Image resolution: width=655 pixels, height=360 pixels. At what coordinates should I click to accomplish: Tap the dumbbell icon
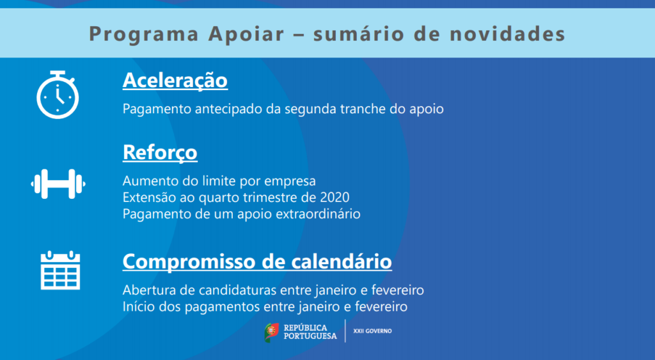[x=58, y=184]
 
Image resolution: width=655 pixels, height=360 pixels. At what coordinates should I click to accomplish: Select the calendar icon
[x=60, y=270]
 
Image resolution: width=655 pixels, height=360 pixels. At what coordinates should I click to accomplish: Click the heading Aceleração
[x=175, y=81]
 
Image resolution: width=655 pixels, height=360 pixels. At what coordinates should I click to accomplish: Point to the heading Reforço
[x=160, y=153]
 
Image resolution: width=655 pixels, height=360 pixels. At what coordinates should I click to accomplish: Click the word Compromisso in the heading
[x=189, y=262]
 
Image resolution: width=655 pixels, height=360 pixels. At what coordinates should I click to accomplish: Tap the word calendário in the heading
[x=342, y=262]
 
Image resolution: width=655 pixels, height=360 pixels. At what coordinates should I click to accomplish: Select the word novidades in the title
[x=507, y=33]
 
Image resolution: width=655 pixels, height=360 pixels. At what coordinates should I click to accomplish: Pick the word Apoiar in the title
[x=246, y=34]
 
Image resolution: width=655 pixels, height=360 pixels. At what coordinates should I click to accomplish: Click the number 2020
[x=335, y=197]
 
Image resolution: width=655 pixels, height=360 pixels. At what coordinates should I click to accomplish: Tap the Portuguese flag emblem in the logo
[x=271, y=332]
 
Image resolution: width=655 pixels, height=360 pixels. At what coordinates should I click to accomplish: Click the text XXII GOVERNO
[x=373, y=331]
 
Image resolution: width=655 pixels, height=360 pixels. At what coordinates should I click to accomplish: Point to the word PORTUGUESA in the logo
[x=310, y=336]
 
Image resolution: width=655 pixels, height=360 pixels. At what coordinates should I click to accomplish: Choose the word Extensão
[x=151, y=197]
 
